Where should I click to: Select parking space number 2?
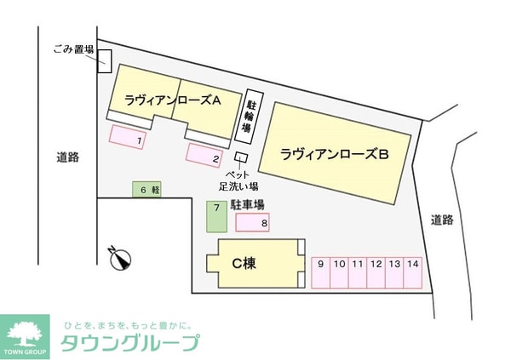click(204, 155)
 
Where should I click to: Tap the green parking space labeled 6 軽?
click(146, 190)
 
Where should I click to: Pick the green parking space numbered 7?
click(217, 216)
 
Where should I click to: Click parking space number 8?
click(253, 223)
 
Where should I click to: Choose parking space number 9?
click(320, 272)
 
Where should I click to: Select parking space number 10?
click(339, 272)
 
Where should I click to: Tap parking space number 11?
click(357, 272)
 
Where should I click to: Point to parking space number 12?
click(376, 272)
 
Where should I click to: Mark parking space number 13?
click(394, 272)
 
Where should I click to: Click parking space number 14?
click(413, 272)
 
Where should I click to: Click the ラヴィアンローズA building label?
click(172, 100)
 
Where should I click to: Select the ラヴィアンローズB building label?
click(335, 154)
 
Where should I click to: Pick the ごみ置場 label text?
click(72, 50)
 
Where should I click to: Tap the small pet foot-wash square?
click(241, 158)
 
